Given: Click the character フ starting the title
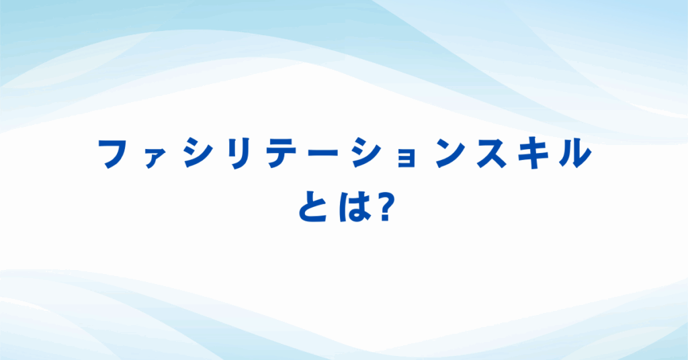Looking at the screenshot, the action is pyautogui.click(x=116, y=153).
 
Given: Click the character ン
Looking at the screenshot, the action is pyautogui.click(x=451, y=153).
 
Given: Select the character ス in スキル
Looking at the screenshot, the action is pyautogui.click(x=492, y=154).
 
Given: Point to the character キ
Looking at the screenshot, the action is pyautogui.click(x=534, y=153).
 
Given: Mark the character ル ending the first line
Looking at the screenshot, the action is pyautogui.click(x=576, y=154).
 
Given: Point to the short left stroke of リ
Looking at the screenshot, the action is pyautogui.click(x=232, y=148).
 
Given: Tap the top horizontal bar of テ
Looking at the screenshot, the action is pyautogui.click(x=282, y=141).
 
